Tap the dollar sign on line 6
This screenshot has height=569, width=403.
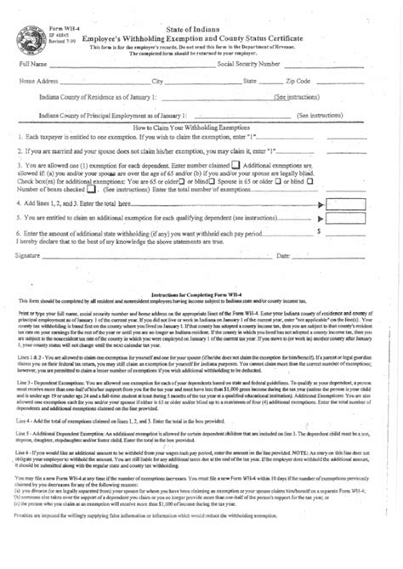pyautogui.click(x=319, y=230)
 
